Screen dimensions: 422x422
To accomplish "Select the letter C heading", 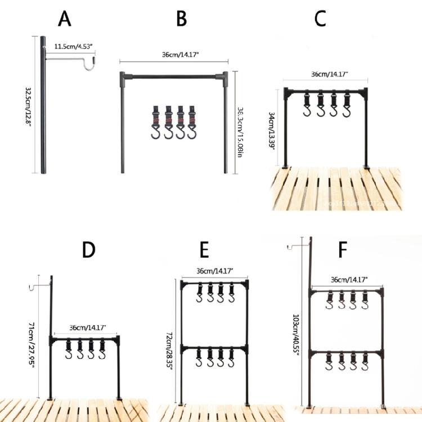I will (320, 19).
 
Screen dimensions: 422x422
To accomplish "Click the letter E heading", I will (204, 249).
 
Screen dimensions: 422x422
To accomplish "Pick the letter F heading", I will (342, 249).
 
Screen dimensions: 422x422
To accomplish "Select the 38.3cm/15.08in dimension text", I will (239, 124).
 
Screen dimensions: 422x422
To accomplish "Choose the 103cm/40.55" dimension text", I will (297, 336).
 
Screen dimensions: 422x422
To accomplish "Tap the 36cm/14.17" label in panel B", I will (174, 55).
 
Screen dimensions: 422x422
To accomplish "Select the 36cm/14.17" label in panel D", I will (87, 327).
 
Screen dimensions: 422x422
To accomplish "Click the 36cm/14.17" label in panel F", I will (349, 280).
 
